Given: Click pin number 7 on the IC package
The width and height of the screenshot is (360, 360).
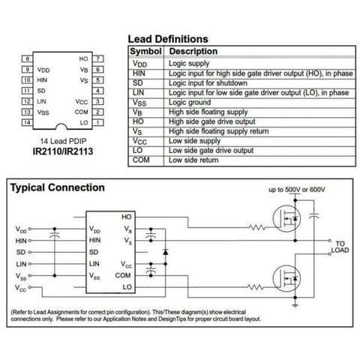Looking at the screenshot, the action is [x=98, y=58].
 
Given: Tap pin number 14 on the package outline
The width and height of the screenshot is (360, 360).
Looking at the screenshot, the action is [x=27, y=122].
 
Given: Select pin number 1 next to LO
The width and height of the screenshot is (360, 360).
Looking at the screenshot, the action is [x=98, y=122].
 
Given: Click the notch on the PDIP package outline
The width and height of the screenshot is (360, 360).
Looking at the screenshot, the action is [x=61, y=126].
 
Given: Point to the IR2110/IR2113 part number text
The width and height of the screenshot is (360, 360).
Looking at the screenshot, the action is [x=63, y=151].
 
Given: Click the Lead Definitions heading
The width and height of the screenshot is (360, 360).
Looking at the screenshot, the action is [x=168, y=39].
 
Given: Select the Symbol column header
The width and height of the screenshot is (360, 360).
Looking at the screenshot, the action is [x=145, y=51].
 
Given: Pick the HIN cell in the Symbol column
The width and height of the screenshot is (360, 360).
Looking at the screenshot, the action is [x=139, y=73].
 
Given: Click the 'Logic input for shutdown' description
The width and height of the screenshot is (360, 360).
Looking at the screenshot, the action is [x=208, y=83].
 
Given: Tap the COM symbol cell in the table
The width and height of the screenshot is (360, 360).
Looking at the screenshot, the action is [x=141, y=160].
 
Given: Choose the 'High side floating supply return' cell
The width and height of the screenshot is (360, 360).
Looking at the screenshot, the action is [x=219, y=131].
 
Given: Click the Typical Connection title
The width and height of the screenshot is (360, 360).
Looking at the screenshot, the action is [x=58, y=187].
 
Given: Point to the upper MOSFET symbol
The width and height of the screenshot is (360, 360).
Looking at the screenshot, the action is [x=286, y=218].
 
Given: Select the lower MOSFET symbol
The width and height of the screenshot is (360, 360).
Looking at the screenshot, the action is [x=286, y=278].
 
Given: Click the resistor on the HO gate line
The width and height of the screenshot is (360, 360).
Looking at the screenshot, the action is [x=256, y=227].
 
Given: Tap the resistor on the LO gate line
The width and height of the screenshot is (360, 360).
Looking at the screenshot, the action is [x=255, y=287].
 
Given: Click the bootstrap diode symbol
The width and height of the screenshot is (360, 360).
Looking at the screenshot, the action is [x=165, y=252].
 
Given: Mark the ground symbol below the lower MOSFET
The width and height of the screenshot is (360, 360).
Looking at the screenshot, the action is [x=295, y=305].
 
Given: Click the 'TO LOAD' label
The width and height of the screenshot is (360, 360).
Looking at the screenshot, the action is [x=340, y=247].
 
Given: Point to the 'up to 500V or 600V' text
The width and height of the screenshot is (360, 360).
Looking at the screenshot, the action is [x=297, y=190].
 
